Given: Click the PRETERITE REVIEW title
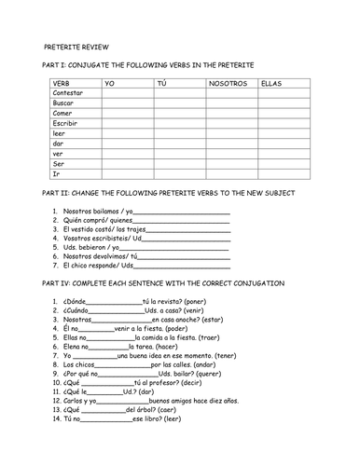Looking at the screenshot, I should pos(76,44).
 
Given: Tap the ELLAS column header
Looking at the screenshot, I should pos(272,83).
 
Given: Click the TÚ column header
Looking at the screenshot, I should pos(164,83).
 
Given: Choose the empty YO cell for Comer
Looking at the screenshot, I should pos(128,114).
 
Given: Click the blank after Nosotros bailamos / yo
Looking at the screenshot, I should pos(183,213).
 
